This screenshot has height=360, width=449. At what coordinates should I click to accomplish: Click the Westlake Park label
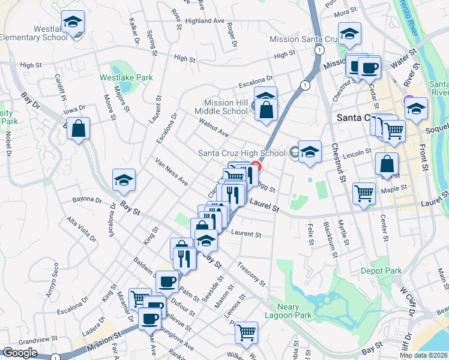(126, 77)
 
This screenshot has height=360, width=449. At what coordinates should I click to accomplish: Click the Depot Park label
(381, 271)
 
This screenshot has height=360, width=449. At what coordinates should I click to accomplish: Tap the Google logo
(20, 353)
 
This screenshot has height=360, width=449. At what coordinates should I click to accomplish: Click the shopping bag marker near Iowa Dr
(79, 128)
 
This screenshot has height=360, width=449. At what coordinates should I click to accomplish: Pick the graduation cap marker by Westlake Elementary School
(73, 23)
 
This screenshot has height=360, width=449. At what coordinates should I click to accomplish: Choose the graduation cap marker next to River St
(416, 109)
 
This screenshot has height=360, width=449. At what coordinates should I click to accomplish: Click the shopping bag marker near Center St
(387, 163)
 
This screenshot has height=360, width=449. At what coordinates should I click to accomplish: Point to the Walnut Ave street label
(214, 127)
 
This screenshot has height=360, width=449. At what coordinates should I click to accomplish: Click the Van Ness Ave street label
(172, 172)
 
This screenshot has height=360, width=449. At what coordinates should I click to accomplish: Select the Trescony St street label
(252, 273)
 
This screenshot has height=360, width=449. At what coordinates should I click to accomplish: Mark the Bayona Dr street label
(88, 199)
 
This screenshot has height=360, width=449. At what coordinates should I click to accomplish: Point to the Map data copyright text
(423, 355)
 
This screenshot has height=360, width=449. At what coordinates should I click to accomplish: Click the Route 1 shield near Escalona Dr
(306, 86)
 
